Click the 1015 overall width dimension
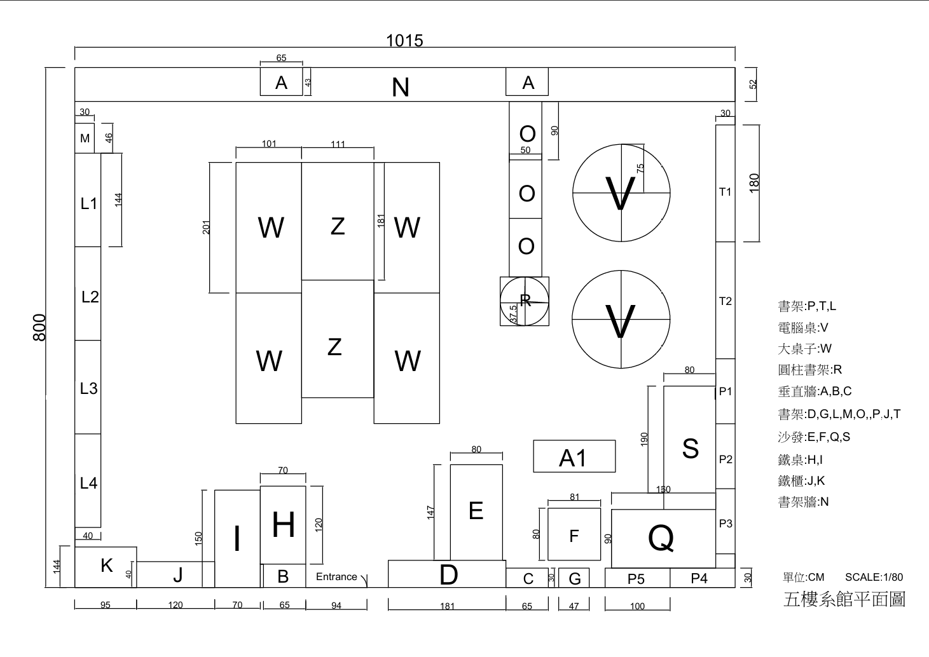[x=404, y=41]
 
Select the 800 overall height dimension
[x=39, y=327]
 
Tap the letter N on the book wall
[x=400, y=88]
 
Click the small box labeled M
[x=85, y=139]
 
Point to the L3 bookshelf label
[x=88, y=388]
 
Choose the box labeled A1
[x=574, y=457]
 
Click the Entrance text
[x=336, y=577]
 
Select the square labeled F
[x=574, y=535]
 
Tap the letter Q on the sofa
[x=661, y=539]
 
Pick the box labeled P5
[x=637, y=578]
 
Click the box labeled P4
[x=699, y=578]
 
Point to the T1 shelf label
[x=726, y=192]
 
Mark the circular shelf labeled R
[x=525, y=301]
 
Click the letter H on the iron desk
[x=283, y=525]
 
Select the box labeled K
[x=106, y=566]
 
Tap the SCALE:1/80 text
[x=874, y=577]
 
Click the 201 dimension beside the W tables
[x=207, y=227]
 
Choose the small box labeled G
[x=574, y=578]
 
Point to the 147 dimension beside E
[x=431, y=511]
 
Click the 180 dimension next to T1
[x=754, y=183]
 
